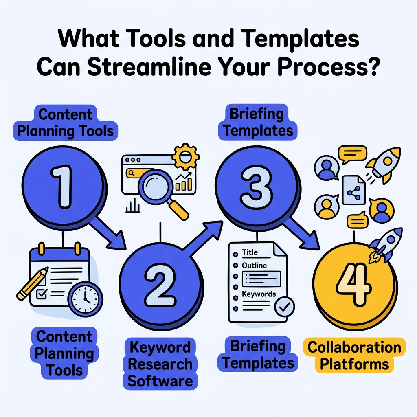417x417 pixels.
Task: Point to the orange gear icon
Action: [x=186, y=156]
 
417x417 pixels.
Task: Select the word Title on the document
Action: [x=250, y=252]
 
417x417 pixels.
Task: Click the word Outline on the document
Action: [x=254, y=266]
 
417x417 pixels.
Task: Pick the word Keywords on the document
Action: [x=259, y=294]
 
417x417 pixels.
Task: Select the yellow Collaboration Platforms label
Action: [x=354, y=355]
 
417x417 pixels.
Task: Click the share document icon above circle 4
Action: [x=353, y=191]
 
